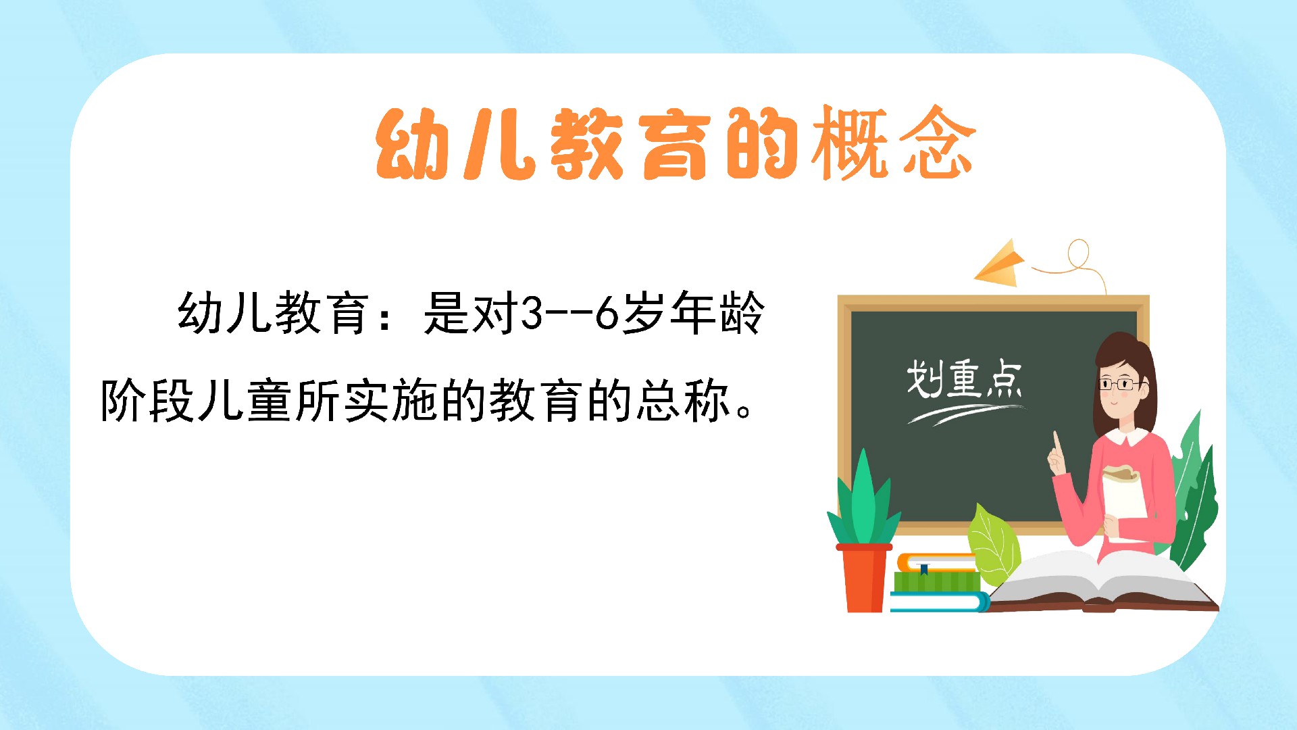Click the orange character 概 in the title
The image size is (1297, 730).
pyautogui.click(x=850, y=143)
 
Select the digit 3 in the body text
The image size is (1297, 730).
pyautogui.click(x=532, y=313)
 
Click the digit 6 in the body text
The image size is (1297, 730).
pyautogui.click(x=607, y=313)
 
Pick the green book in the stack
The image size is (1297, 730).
pyautogui.click(x=936, y=581)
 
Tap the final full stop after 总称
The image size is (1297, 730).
pyautogui.click(x=744, y=410)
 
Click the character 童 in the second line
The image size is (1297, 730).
pyautogui.click(x=270, y=401)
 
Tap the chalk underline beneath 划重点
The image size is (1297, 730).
pyautogui.click(x=966, y=413)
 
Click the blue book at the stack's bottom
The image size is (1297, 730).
pyautogui.click(x=939, y=602)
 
